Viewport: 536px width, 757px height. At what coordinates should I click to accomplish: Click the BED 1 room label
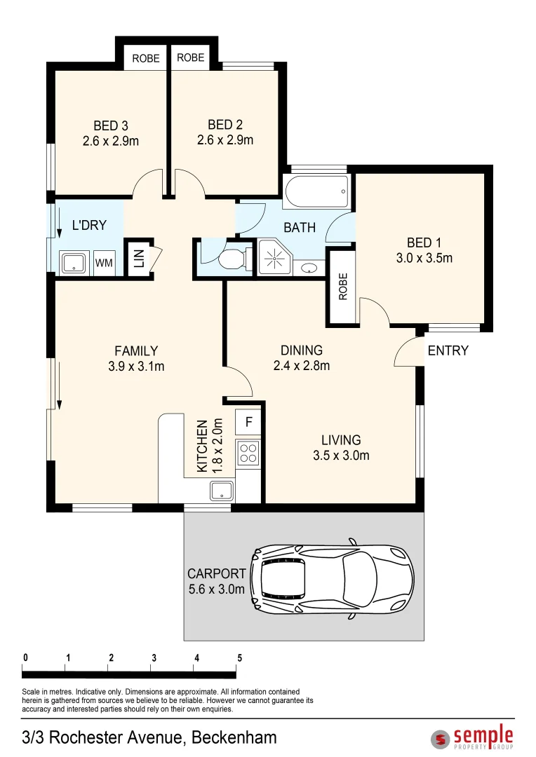tap(420, 243)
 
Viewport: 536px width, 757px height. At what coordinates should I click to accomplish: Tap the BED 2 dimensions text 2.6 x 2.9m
tap(225, 139)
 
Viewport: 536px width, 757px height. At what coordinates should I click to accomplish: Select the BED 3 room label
tap(110, 126)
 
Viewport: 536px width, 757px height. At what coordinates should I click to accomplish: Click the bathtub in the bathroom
tap(316, 190)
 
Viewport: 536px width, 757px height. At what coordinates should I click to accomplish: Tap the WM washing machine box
tap(104, 263)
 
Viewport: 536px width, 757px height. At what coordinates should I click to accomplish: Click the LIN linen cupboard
tap(138, 259)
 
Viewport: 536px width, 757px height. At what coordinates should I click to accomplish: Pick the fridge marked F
tap(248, 422)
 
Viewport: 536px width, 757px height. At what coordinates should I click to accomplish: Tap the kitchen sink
tap(222, 491)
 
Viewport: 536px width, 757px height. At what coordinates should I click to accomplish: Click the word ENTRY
tap(448, 350)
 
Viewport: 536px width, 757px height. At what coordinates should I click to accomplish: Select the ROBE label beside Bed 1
tap(343, 287)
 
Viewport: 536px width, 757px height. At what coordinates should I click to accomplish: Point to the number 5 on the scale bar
tap(239, 658)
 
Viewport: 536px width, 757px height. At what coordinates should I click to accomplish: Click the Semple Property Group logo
tap(472, 737)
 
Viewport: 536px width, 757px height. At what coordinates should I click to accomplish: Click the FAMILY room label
tap(137, 351)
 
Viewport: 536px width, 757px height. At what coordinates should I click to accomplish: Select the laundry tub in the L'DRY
tap(72, 264)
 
